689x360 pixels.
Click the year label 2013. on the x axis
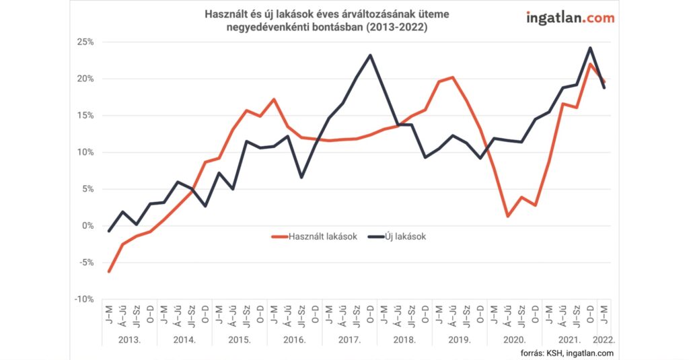pos(129,340)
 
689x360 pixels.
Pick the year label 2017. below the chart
pos(349,340)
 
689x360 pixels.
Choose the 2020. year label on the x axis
pos(515,340)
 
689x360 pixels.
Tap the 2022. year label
pos(604,340)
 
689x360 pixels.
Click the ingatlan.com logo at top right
pos(569,18)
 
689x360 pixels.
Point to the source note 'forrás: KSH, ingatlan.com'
pos(567,353)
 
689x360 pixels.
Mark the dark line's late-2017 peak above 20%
pos(370,55)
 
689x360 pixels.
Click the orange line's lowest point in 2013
pos(109,271)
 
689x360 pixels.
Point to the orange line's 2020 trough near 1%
pos(508,216)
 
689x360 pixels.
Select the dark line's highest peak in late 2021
pos(590,48)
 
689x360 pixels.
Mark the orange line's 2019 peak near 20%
pos(453,77)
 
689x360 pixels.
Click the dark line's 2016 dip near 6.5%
pos(301,177)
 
